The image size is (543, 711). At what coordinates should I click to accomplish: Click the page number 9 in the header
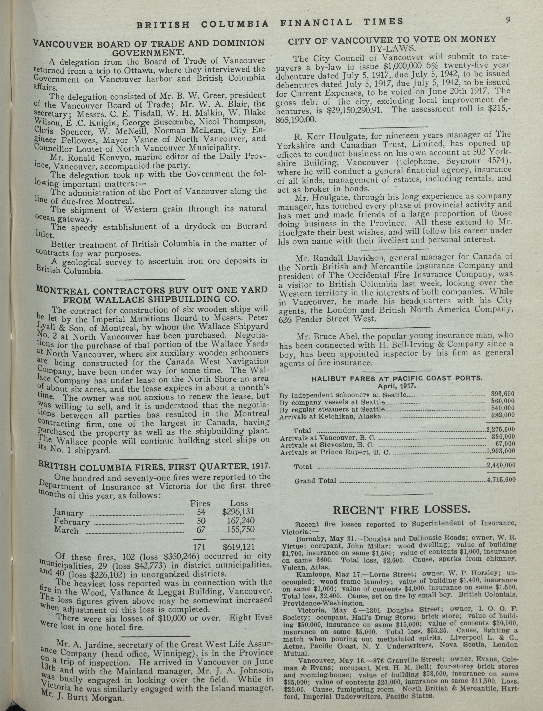tap(508, 20)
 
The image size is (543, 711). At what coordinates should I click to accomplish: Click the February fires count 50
tap(201, 521)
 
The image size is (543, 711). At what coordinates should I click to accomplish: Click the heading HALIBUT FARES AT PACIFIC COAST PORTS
tap(397, 379)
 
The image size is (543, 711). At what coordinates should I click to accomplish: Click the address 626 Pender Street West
tap(327, 319)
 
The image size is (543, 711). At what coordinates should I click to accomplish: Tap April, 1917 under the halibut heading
tap(397, 386)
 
